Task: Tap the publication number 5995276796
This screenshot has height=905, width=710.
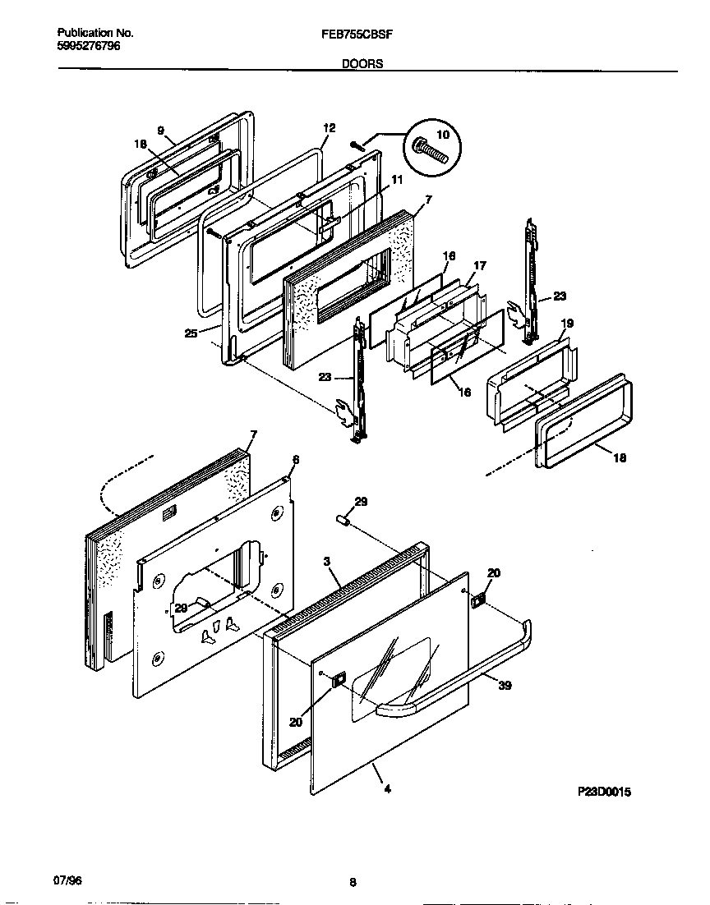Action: click(89, 47)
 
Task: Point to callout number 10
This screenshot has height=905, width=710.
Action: click(441, 135)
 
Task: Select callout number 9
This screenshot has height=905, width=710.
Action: click(160, 131)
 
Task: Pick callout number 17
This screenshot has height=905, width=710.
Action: click(480, 265)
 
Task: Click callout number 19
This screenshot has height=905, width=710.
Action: click(566, 324)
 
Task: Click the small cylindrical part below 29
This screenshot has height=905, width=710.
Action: click(344, 520)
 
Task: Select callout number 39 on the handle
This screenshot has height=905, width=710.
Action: click(505, 685)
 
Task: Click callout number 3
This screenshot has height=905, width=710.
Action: click(326, 561)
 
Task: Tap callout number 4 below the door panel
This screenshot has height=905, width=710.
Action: click(387, 790)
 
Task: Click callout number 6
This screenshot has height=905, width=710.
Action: click(296, 459)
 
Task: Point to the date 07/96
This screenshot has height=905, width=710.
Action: click(67, 880)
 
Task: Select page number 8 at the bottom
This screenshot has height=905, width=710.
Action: click(353, 883)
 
